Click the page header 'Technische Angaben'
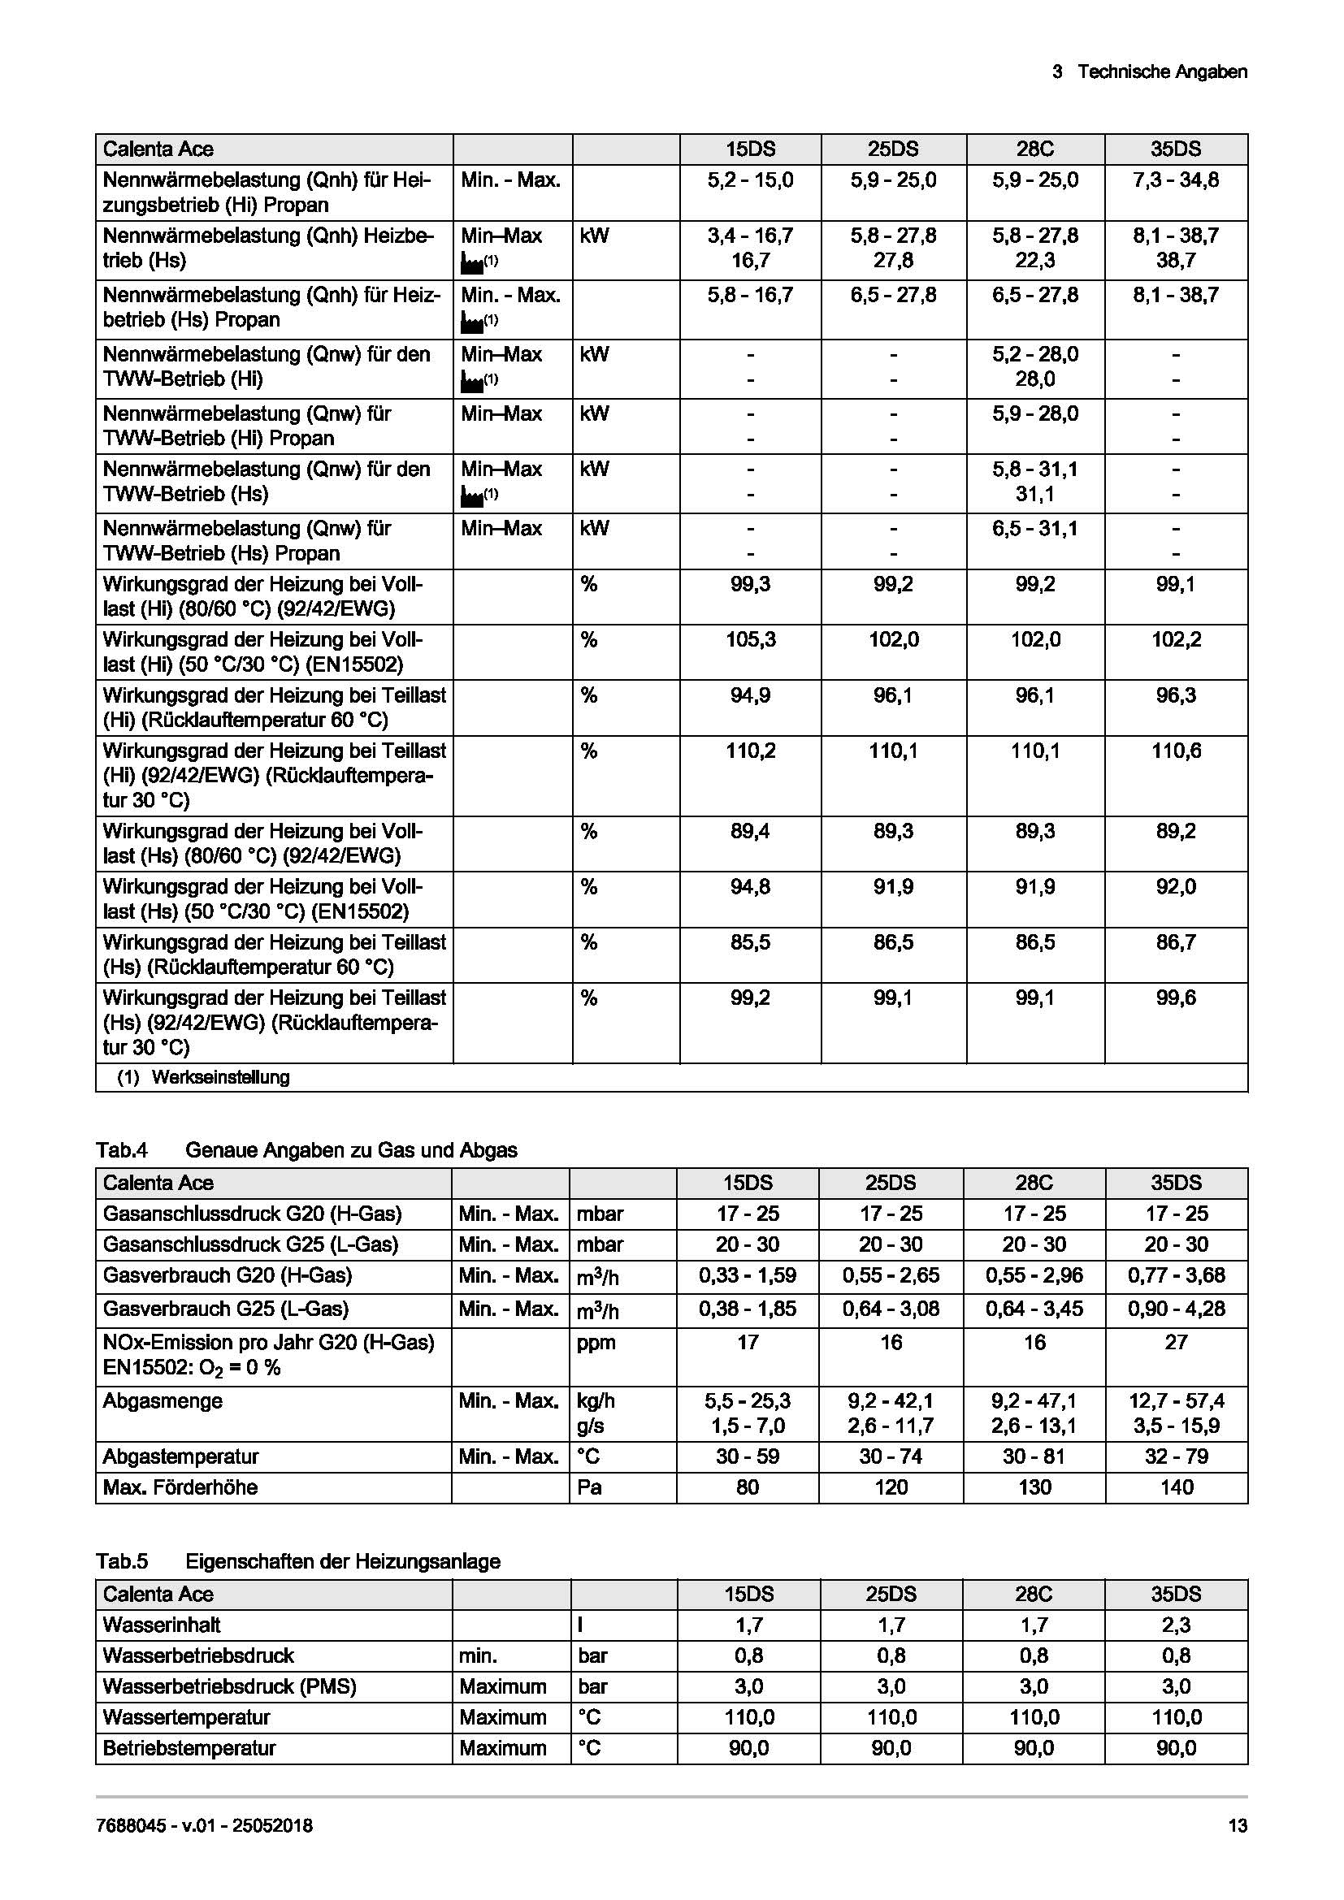pos(1161,72)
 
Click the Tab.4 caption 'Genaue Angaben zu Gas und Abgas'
pos(351,1149)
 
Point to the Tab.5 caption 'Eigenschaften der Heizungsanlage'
pos(343,1561)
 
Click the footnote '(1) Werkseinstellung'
pos(204,1077)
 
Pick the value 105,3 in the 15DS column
pos(750,639)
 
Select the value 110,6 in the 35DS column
pos(1175,751)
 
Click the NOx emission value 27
pos(1175,1342)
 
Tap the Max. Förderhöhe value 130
pos(1034,1487)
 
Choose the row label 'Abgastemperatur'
pos(180,1456)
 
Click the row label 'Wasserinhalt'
pos(162,1625)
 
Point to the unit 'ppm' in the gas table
pos(596,1342)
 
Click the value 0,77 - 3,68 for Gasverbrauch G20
pos(1175,1275)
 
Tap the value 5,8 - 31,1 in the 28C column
pos(1034,470)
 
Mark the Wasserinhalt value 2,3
pos(1175,1625)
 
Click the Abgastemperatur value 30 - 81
pos(1034,1456)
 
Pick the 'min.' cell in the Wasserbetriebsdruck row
pos(479,1655)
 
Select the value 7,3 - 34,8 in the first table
pos(1175,180)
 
